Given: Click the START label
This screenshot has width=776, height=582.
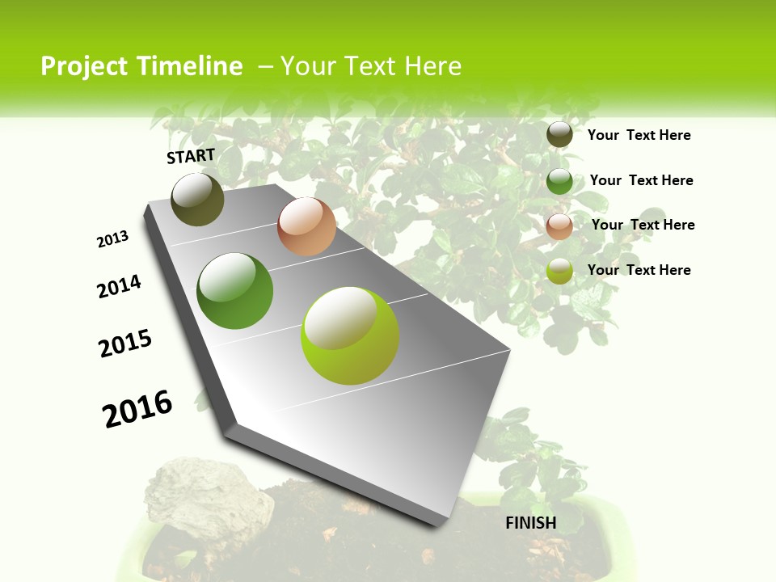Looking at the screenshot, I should [191, 156].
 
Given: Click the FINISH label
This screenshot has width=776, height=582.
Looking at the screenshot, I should [531, 523].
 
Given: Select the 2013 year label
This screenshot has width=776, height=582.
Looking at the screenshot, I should [112, 239].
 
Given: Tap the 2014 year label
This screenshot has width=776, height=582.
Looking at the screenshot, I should [119, 287].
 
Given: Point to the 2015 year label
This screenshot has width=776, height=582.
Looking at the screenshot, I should [125, 344].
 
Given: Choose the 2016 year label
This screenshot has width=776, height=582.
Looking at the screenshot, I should [137, 409].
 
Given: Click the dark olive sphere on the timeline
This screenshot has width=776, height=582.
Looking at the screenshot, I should [197, 200].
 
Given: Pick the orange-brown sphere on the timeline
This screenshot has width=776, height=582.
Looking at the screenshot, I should [306, 226].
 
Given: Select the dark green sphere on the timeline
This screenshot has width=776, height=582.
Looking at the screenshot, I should [234, 291].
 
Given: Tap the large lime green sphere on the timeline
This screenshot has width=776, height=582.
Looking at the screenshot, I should [350, 335].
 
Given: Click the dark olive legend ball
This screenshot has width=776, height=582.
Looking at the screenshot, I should [559, 134].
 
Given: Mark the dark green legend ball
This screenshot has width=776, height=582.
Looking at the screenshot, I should [559, 181].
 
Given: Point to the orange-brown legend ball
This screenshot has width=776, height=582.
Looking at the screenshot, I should [559, 226].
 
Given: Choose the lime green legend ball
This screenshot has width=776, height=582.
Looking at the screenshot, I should [559, 272].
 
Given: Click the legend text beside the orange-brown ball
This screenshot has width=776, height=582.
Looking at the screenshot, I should [643, 225].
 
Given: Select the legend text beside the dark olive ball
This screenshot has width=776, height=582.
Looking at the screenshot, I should [639, 135].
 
